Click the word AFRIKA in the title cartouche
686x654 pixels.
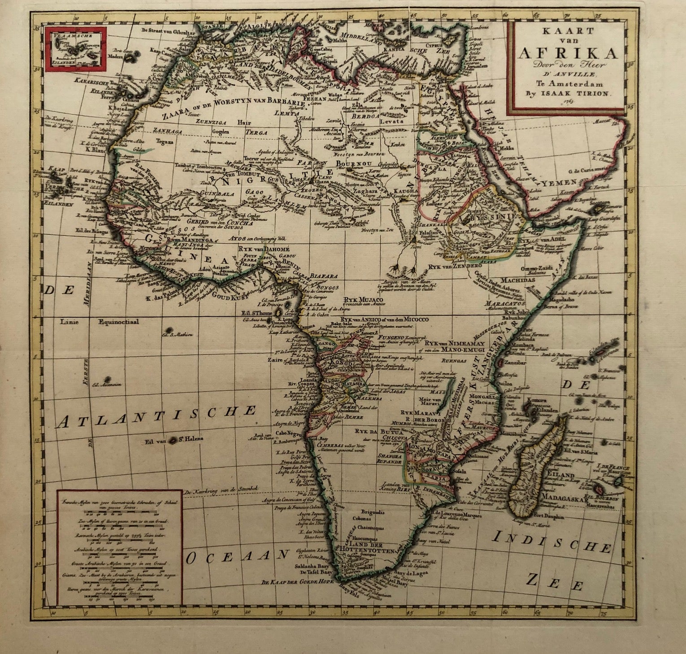567,52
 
